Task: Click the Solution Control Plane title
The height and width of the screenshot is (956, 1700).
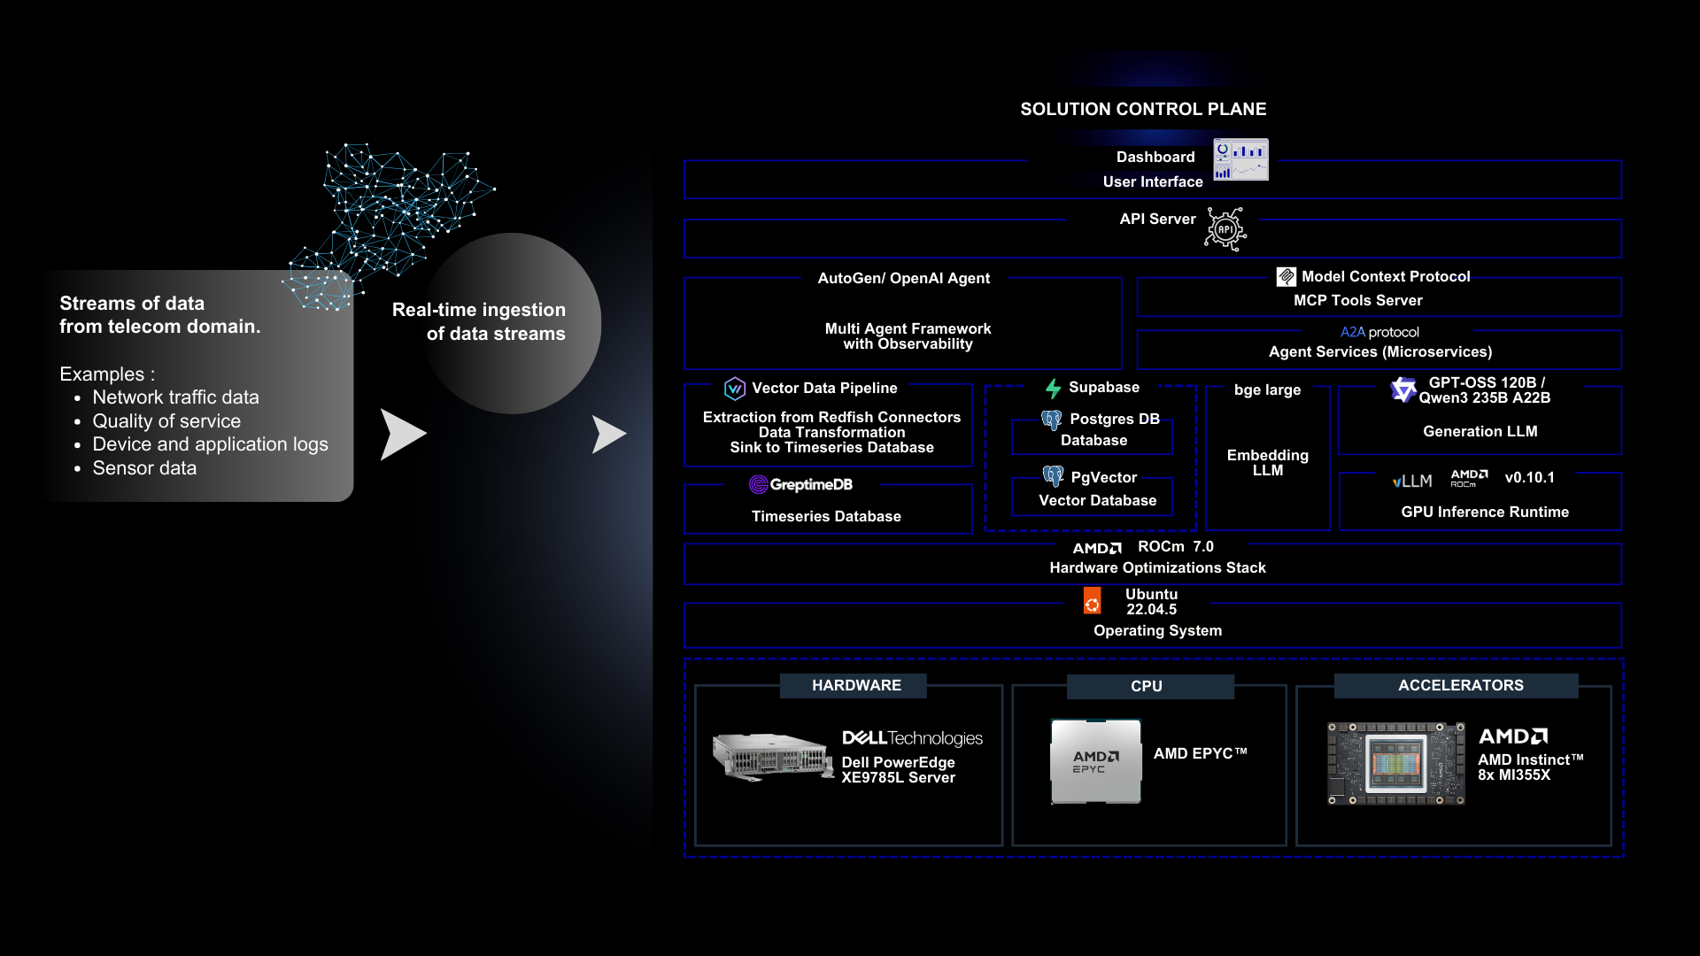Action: pos(1143,109)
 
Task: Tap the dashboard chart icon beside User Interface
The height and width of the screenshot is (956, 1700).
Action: pos(1240,159)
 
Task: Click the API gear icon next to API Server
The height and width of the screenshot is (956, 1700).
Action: pos(1225,229)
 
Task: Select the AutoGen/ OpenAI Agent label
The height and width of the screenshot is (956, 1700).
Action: pos(903,278)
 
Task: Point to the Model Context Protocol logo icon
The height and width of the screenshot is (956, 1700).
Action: pos(1286,277)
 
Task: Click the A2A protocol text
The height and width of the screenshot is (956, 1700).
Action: pos(1379,332)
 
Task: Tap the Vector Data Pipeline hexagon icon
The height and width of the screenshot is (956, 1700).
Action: pos(734,389)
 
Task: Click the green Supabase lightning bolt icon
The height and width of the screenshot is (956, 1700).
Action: pos(1053,388)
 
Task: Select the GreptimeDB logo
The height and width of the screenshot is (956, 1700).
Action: pos(800,484)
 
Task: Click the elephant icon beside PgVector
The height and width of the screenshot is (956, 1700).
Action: pos(1053,476)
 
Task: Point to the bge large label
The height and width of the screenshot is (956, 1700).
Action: pos(1267,389)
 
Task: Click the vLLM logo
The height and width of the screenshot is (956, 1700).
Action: pos(1411,481)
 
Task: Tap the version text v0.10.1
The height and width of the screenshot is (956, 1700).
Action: pos(1529,477)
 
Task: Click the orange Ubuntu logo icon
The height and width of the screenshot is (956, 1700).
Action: pos(1093,602)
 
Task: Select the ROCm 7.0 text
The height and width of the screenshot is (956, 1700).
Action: pos(1175,546)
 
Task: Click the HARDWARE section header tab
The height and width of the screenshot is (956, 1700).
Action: pos(855,685)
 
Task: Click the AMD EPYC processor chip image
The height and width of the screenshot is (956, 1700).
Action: pos(1095,760)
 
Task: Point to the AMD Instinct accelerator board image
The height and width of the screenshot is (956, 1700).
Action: pos(1395,763)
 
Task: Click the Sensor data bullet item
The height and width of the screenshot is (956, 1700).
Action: pos(144,468)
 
